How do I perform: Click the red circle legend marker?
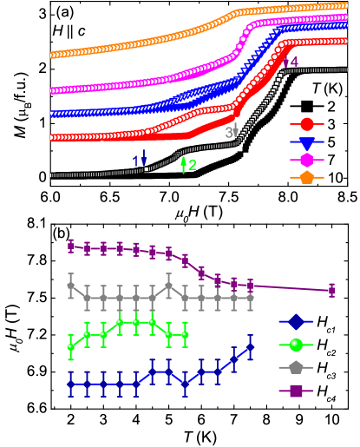[x=306, y=124]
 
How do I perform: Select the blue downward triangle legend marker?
[x=306, y=142]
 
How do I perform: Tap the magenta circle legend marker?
[x=306, y=160]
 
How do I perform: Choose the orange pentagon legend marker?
[x=306, y=177]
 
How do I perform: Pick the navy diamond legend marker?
[x=296, y=322]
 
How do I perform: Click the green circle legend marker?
[x=296, y=345]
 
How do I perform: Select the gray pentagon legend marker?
[x=296, y=367]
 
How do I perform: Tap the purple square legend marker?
[x=296, y=391]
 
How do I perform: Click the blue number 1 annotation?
[x=135, y=160]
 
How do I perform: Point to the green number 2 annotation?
[x=193, y=165]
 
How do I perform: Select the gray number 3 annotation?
[x=229, y=133]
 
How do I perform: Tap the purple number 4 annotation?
[x=294, y=62]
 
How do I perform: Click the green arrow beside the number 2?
[x=183, y=164]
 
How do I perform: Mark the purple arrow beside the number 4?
[x=285, y=62]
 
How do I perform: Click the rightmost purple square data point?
[x=331, y=291]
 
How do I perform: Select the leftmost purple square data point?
[x=71, y=246]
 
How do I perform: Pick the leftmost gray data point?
[x=71, y=285]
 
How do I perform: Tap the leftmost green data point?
[x=71, y=347]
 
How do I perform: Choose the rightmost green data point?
[x=185, y=334]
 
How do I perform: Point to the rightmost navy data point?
[x=250, y=346]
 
